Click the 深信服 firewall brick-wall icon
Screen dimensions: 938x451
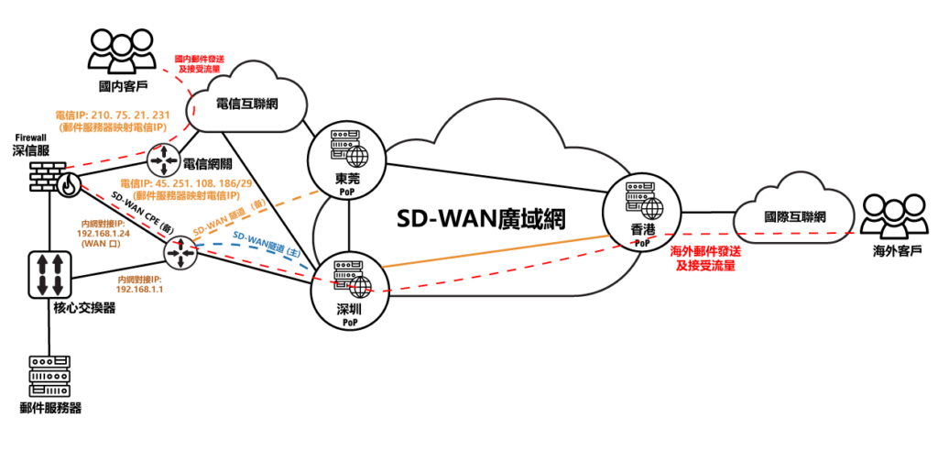pos(52,179)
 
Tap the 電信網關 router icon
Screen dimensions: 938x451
pos(163,160)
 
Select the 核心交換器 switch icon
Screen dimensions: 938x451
pos(49,275)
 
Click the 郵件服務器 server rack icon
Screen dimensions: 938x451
pos(49,376)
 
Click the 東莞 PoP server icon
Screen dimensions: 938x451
pos(350,153)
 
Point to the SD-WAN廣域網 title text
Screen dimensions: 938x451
pos(480,219)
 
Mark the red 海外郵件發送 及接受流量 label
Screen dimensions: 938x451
pos(704,258)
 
